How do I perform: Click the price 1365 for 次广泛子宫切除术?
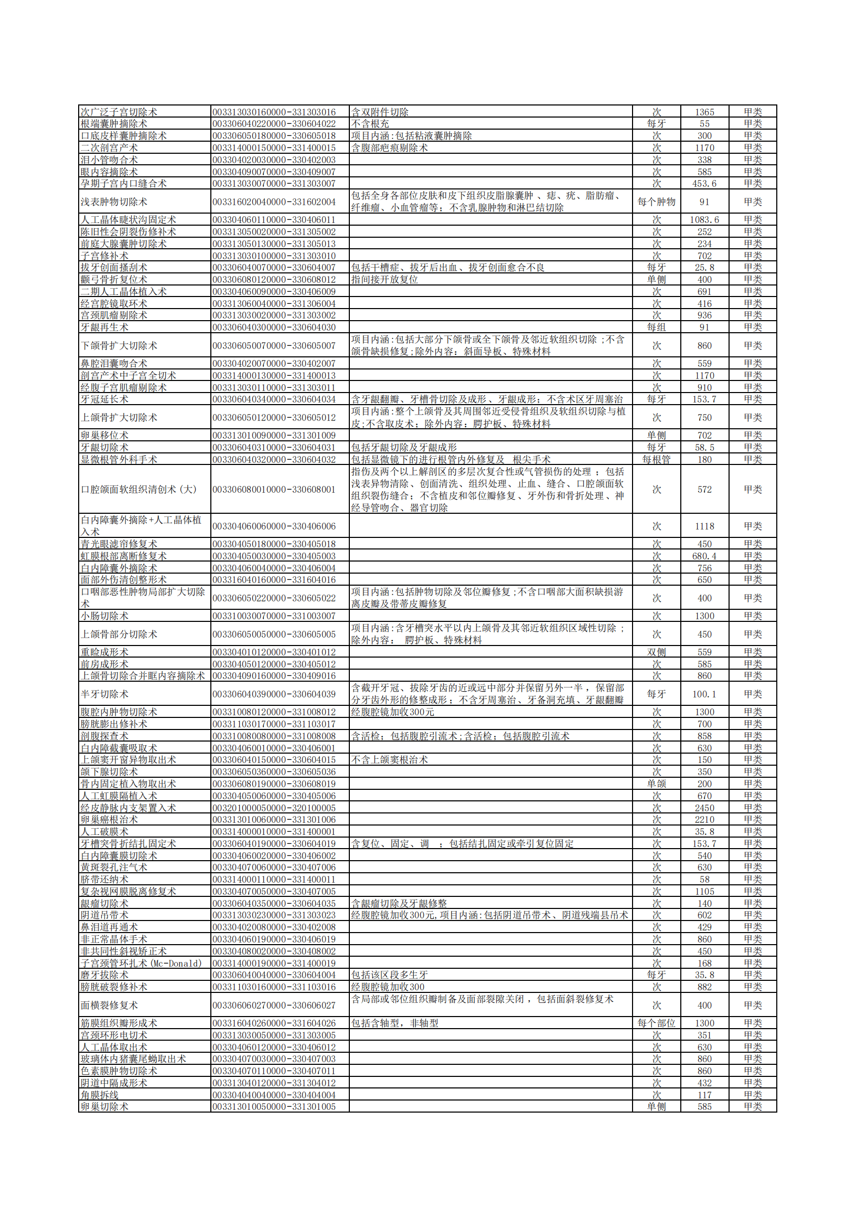(x=704, y=112)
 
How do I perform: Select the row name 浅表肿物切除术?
(x=114, y=202)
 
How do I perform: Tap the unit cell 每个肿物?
(x=656, y=202)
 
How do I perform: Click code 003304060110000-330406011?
(x=274, y=220)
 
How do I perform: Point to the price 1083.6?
(x=704, y=220)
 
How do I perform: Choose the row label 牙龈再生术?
(x=105, y=327)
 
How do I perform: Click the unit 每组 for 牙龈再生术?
(x=656, y=327)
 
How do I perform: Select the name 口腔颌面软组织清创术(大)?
(x=139, y=489)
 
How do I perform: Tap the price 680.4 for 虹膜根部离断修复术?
(x=704, y=556)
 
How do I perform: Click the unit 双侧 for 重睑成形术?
(x=656, y=652)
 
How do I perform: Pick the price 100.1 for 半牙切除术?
(x=704, y=694)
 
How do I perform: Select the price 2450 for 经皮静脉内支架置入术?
(x=704, y=808)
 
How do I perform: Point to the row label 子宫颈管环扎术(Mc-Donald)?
(x=141, y=963)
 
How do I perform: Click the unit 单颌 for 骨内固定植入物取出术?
(x=656, y=784)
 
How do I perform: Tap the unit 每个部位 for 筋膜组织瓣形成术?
(x=656, y=1023)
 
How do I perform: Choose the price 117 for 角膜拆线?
(x=704, y=1094)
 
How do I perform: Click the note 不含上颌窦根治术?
(x=389, y=759)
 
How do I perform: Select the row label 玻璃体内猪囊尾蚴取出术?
(x=134, y=1059)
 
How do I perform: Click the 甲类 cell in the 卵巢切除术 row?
(x=752, y=1106)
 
